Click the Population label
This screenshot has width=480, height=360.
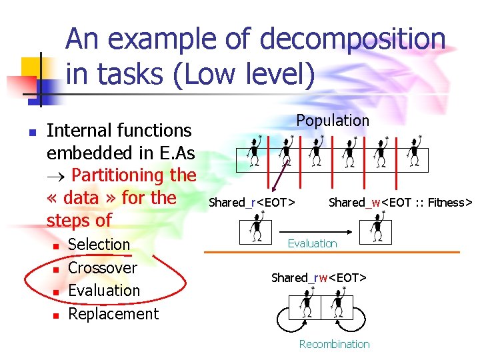point(333,121)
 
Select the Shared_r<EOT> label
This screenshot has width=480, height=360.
point(253,203)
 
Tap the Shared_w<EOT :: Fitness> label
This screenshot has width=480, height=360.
point(400,203)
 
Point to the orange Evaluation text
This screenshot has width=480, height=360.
point(312,243)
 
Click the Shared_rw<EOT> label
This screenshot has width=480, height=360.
point(319,277)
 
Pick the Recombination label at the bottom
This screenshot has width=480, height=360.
point(334,344)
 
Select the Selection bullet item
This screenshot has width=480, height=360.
point(99,245)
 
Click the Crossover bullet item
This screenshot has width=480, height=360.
point(103,268)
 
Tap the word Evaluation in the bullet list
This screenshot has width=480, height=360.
point(104,291)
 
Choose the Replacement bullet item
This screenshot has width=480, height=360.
point(113,314)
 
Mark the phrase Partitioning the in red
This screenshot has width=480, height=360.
point(133,175)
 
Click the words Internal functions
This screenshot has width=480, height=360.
point(119,131)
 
